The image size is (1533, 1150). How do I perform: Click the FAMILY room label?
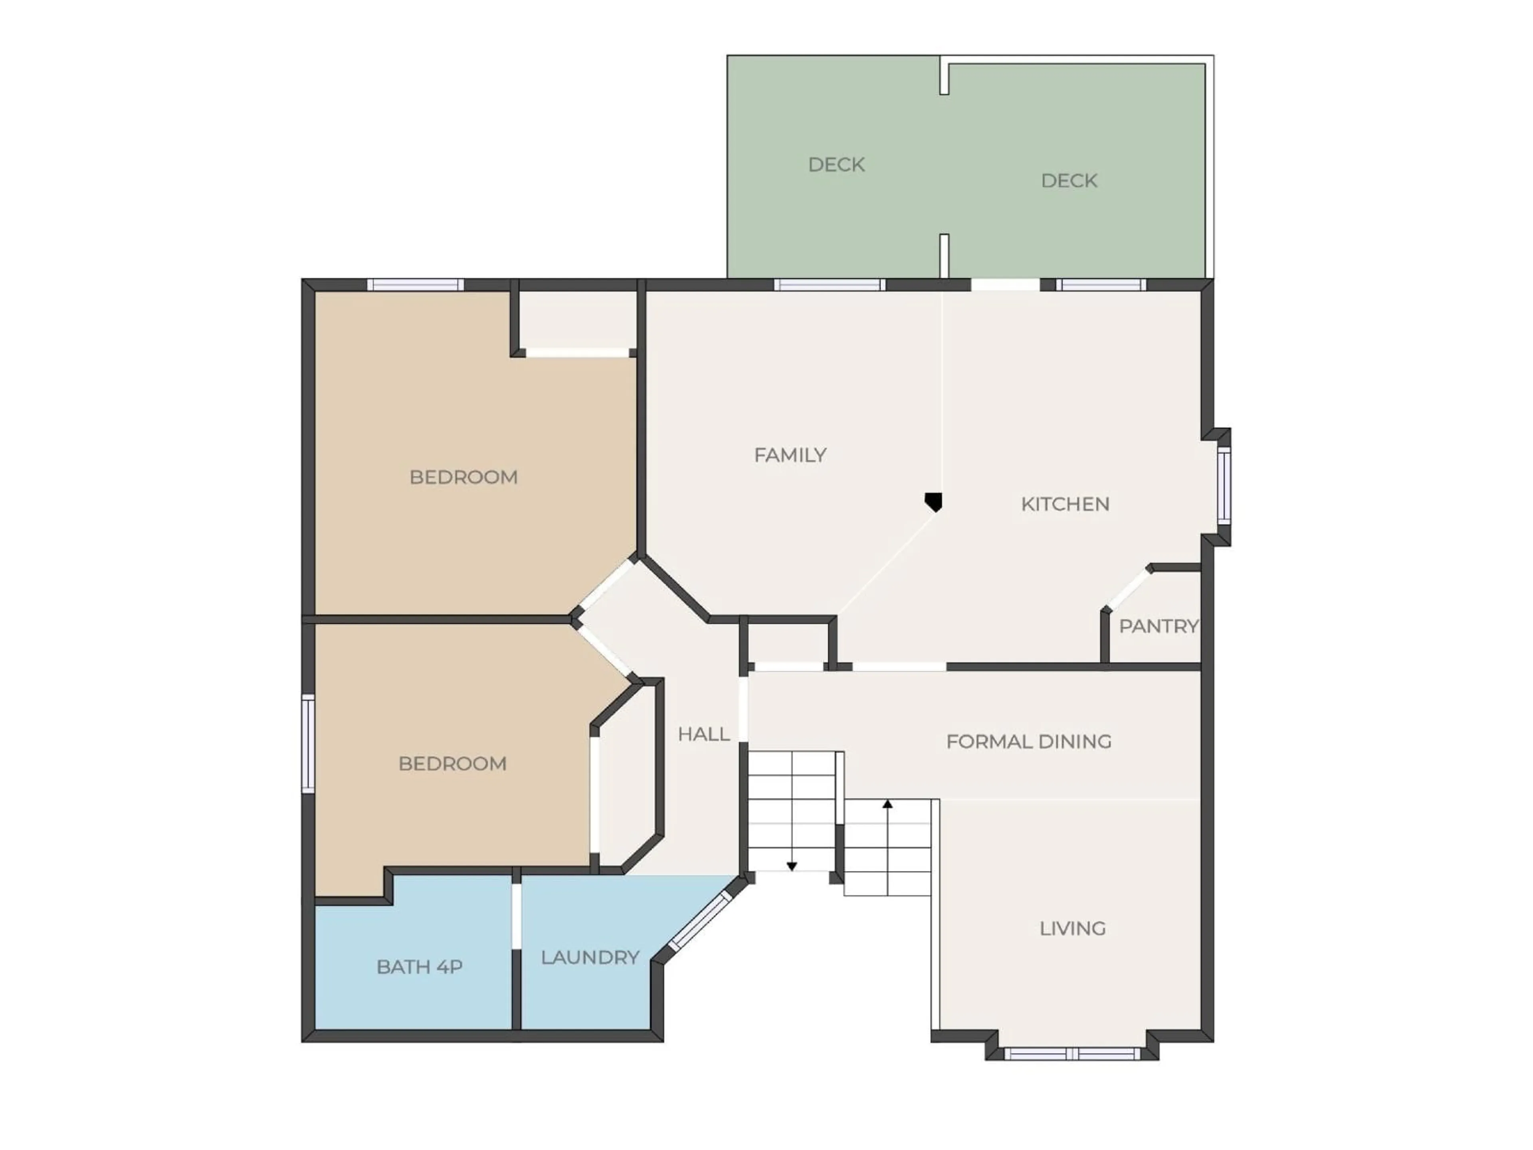tap(790, 456)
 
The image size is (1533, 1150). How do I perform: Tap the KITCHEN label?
tap(1065, 504)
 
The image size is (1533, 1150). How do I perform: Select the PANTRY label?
tap(1158, 626)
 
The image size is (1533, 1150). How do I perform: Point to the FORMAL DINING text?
tap(1028, 742)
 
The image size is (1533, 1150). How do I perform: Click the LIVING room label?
tap(1072, 928)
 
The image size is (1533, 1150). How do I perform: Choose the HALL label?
tap(703, 734)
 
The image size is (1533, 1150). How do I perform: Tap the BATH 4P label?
tap(419, 967)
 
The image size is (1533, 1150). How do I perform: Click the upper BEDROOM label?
tap(463, 477)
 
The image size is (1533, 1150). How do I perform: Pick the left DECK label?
tap(836, 165)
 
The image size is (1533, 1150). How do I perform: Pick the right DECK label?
tap(1069, 181)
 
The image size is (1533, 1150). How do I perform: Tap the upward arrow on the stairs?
tap(887, 804)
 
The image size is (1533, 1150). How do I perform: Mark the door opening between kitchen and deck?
tap(1005, 285)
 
